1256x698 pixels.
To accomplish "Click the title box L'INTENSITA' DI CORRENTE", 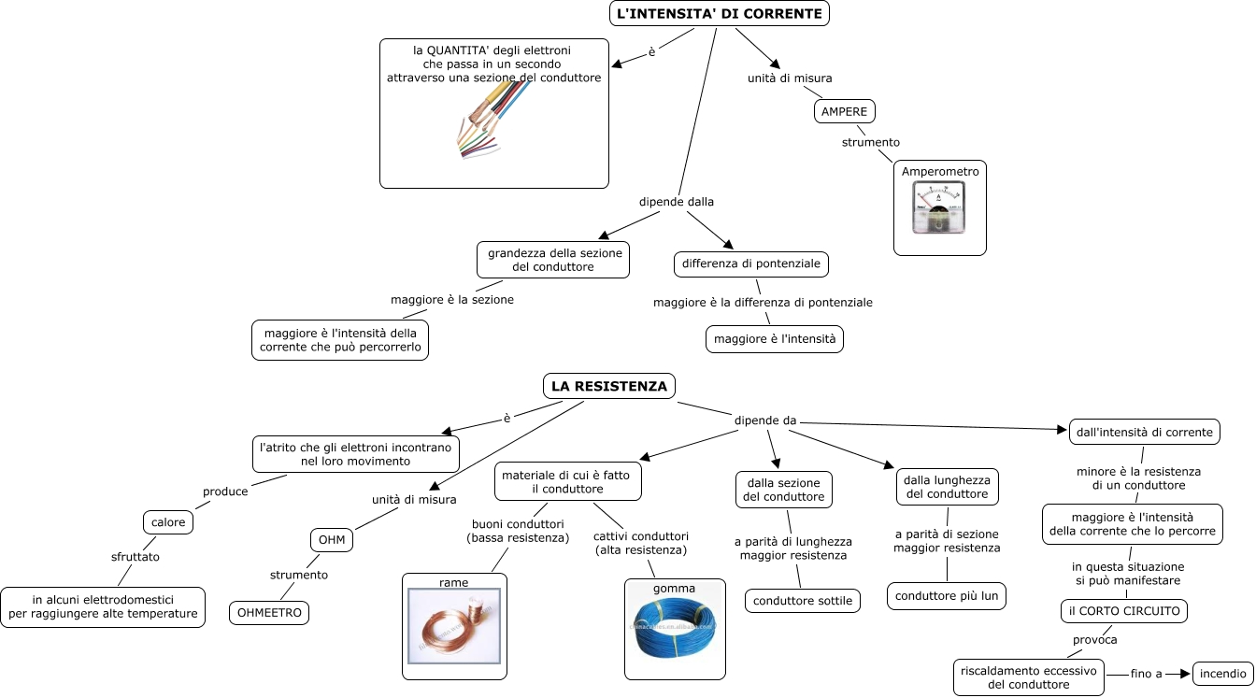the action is (x=719, y=13).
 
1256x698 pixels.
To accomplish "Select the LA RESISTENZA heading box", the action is (x=609, y=386).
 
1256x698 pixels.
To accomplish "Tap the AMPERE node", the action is (x=845, y=111).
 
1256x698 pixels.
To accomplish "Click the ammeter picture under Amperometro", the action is (x=938, y=207).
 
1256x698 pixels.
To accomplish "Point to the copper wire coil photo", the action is (x=454, y=626).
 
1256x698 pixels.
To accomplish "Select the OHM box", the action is (x=332, y=540).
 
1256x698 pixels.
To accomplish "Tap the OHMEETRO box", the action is (x=269, y=612).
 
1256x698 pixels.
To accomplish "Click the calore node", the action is (x=168, y=522).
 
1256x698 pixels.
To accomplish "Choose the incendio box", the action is (x=1223, y=674).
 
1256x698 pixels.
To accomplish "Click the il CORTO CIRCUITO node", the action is (x=1124, y=610).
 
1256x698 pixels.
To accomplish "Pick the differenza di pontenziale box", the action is (x=750, y=264).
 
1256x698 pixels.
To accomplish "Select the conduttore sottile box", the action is (x=803, y=601).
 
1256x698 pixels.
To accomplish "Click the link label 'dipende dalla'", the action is (x=677, y=201).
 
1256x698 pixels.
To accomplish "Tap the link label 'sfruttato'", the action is (x=136, y=557).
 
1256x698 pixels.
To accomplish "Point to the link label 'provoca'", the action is (x=1094, y=640).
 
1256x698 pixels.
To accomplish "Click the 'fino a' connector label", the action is (x=1146, y=674).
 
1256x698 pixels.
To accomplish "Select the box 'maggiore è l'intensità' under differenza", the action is (x=775, y=339).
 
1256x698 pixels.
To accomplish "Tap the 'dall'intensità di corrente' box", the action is (x=1145, y=432).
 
